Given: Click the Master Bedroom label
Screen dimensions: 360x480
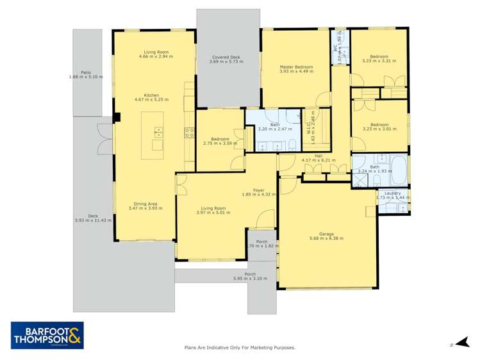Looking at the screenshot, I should tap(296, 67).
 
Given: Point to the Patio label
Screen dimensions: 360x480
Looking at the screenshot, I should tap(85, 73).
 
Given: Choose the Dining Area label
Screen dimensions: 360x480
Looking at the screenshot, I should tap(142, 204).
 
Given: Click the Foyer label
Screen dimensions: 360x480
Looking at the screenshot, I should tap(258, 190).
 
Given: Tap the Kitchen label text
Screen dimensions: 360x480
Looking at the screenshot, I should tap(151, 95).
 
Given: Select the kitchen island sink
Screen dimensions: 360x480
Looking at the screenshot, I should tap(158, 132).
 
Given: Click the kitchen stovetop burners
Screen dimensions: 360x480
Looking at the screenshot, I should tap(190, 133).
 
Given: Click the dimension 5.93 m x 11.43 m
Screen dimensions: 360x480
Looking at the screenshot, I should tap(93, 220).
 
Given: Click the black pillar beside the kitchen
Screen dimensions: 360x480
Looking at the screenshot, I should tap(117, 117).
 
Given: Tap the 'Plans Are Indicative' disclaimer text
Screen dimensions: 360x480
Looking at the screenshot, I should tap(240, 347).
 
